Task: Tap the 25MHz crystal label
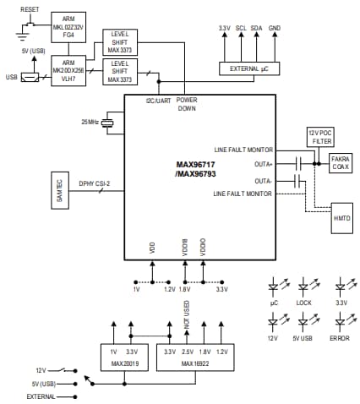[88, 123]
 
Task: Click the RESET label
[30, 8]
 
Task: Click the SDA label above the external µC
[257, 28]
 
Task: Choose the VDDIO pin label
[204, 248]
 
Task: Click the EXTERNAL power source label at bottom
[41, 395]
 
